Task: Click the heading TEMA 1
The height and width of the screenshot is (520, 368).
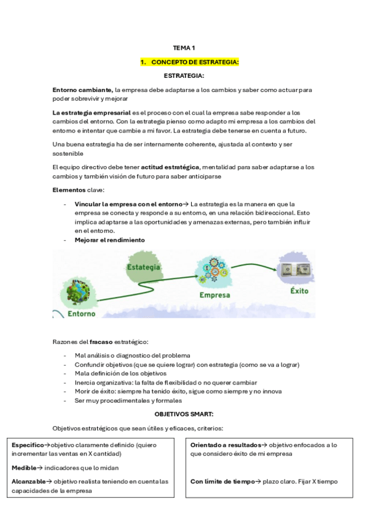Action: (x=184, y=48)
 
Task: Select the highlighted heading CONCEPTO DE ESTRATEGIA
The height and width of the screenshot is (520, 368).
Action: (x=189, y=62)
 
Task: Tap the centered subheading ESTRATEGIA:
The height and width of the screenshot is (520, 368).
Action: (x=184, y=75)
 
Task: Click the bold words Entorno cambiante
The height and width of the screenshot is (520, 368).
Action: (x=82, y=90)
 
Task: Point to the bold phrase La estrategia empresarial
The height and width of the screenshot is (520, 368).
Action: (x=91, y=112)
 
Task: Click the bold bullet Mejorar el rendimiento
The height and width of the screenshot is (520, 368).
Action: (x=110, y=240)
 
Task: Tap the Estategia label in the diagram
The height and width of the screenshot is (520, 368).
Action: (x=144, y=267)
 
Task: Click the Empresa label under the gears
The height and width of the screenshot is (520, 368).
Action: (x=215, y=294)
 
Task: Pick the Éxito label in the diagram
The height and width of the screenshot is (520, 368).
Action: (x=299, y=291)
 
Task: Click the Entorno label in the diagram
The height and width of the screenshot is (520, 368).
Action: (x=81, y=313)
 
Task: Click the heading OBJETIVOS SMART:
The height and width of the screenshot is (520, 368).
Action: (x=184, y=415)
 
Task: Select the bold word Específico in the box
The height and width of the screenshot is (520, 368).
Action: (x=28, y=445)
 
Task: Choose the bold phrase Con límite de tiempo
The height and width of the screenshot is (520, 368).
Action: (x=222, y=481)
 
